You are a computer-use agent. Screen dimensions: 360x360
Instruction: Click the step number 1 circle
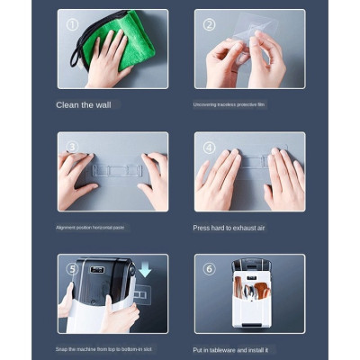tap(73, 24)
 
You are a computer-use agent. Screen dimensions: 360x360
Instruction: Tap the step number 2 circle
tap(210, 24)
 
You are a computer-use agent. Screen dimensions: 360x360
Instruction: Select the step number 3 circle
tap(73, 147)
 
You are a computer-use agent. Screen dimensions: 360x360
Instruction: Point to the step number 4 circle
tap(210, 147)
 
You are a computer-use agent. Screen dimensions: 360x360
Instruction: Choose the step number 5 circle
tap(73, 269)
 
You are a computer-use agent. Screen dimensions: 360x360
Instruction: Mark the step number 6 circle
tap(210, 269)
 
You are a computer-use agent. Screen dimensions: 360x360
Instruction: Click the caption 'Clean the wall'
tap(85, 104)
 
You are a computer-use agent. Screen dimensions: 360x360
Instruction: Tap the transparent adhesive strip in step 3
tap(112, 170)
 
